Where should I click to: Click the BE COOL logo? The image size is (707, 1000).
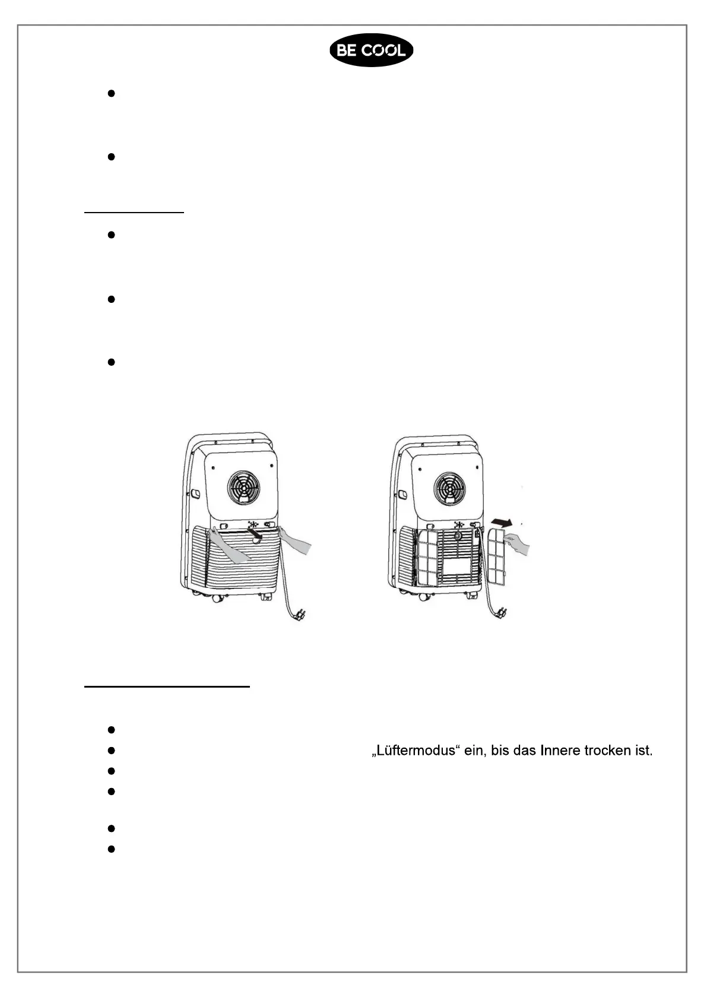click(371, 50)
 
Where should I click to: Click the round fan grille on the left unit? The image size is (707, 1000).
click(243, 487)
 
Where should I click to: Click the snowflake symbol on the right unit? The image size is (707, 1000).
click(458, 525)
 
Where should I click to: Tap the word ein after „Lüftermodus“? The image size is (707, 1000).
click(474, 751)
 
